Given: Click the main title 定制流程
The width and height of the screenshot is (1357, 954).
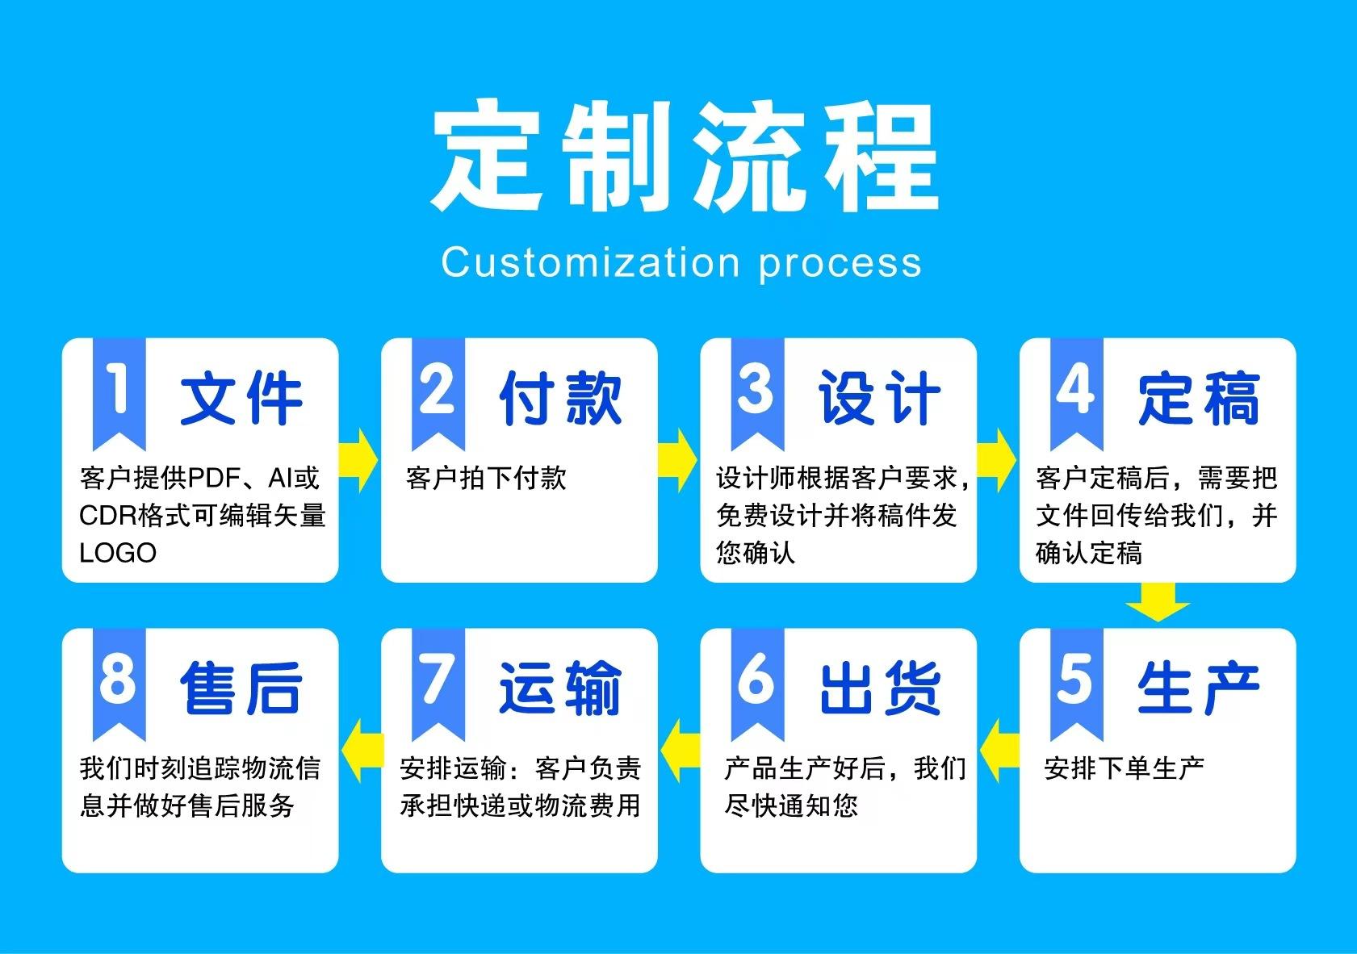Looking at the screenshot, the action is coord(685,156).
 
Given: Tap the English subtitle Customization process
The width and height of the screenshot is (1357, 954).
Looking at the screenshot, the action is coord(681,263).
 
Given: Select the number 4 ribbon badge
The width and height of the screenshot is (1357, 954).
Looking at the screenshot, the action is coord(1076,394).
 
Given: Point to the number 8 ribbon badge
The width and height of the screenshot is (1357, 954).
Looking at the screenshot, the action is coord(119,684).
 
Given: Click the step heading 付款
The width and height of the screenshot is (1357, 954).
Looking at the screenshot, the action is coord(560,398).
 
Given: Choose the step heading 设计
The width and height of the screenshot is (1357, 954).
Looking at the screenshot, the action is coord(880,398).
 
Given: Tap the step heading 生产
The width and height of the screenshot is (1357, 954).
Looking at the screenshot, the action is coord(1199,688).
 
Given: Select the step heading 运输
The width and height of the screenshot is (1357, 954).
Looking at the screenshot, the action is coord(560,688).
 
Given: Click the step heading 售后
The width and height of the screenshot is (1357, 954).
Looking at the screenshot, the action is coord(241,688).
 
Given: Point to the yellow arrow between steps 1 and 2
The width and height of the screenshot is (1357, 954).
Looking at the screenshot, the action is coord(358,460).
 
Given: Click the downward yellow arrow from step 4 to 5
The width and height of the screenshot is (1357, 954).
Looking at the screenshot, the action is coord(1158,602).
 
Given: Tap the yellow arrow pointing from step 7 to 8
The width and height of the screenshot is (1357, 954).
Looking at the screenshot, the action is coord(362,751).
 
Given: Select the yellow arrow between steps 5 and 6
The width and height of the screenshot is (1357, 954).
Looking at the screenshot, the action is coord(1000,751).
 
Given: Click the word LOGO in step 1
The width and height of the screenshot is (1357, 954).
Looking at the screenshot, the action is coord(118,553).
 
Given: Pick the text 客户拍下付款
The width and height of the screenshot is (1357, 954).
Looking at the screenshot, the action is coord(486,478).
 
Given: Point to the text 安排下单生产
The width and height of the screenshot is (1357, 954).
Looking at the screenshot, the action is coord(1125,768).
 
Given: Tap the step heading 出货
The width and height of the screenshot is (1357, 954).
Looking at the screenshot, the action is coord(880,688).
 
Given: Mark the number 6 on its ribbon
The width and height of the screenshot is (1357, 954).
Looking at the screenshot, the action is coord(756,679).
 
